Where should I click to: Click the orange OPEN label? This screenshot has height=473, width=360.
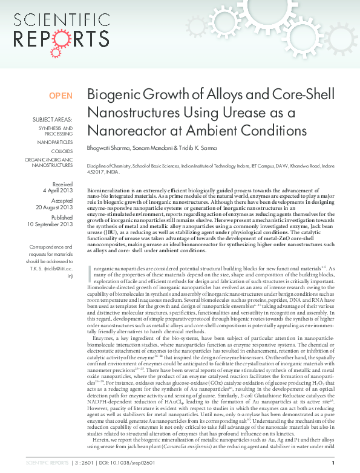pyautogui.click(x=61, y=96)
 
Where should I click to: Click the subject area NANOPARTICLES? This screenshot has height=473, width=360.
pyautogui.click(x=55, y=142)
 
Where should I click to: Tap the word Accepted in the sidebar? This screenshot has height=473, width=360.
pyautogui.click(x=62, y=200)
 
